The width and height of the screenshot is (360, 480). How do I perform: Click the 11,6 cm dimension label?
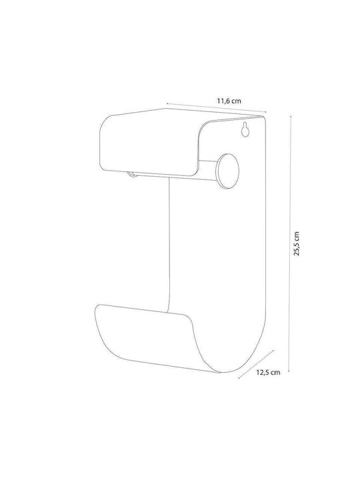[x=229, y=101]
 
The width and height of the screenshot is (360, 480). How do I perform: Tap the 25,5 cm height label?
[x=296, y=244]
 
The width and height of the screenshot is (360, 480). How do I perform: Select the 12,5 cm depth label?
[x=268, y=373]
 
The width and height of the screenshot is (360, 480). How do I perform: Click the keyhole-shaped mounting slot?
[x=245, y=129]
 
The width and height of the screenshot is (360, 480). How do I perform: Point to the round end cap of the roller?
[x=227, y=172]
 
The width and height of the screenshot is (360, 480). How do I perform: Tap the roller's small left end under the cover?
[x=132, y=174]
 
